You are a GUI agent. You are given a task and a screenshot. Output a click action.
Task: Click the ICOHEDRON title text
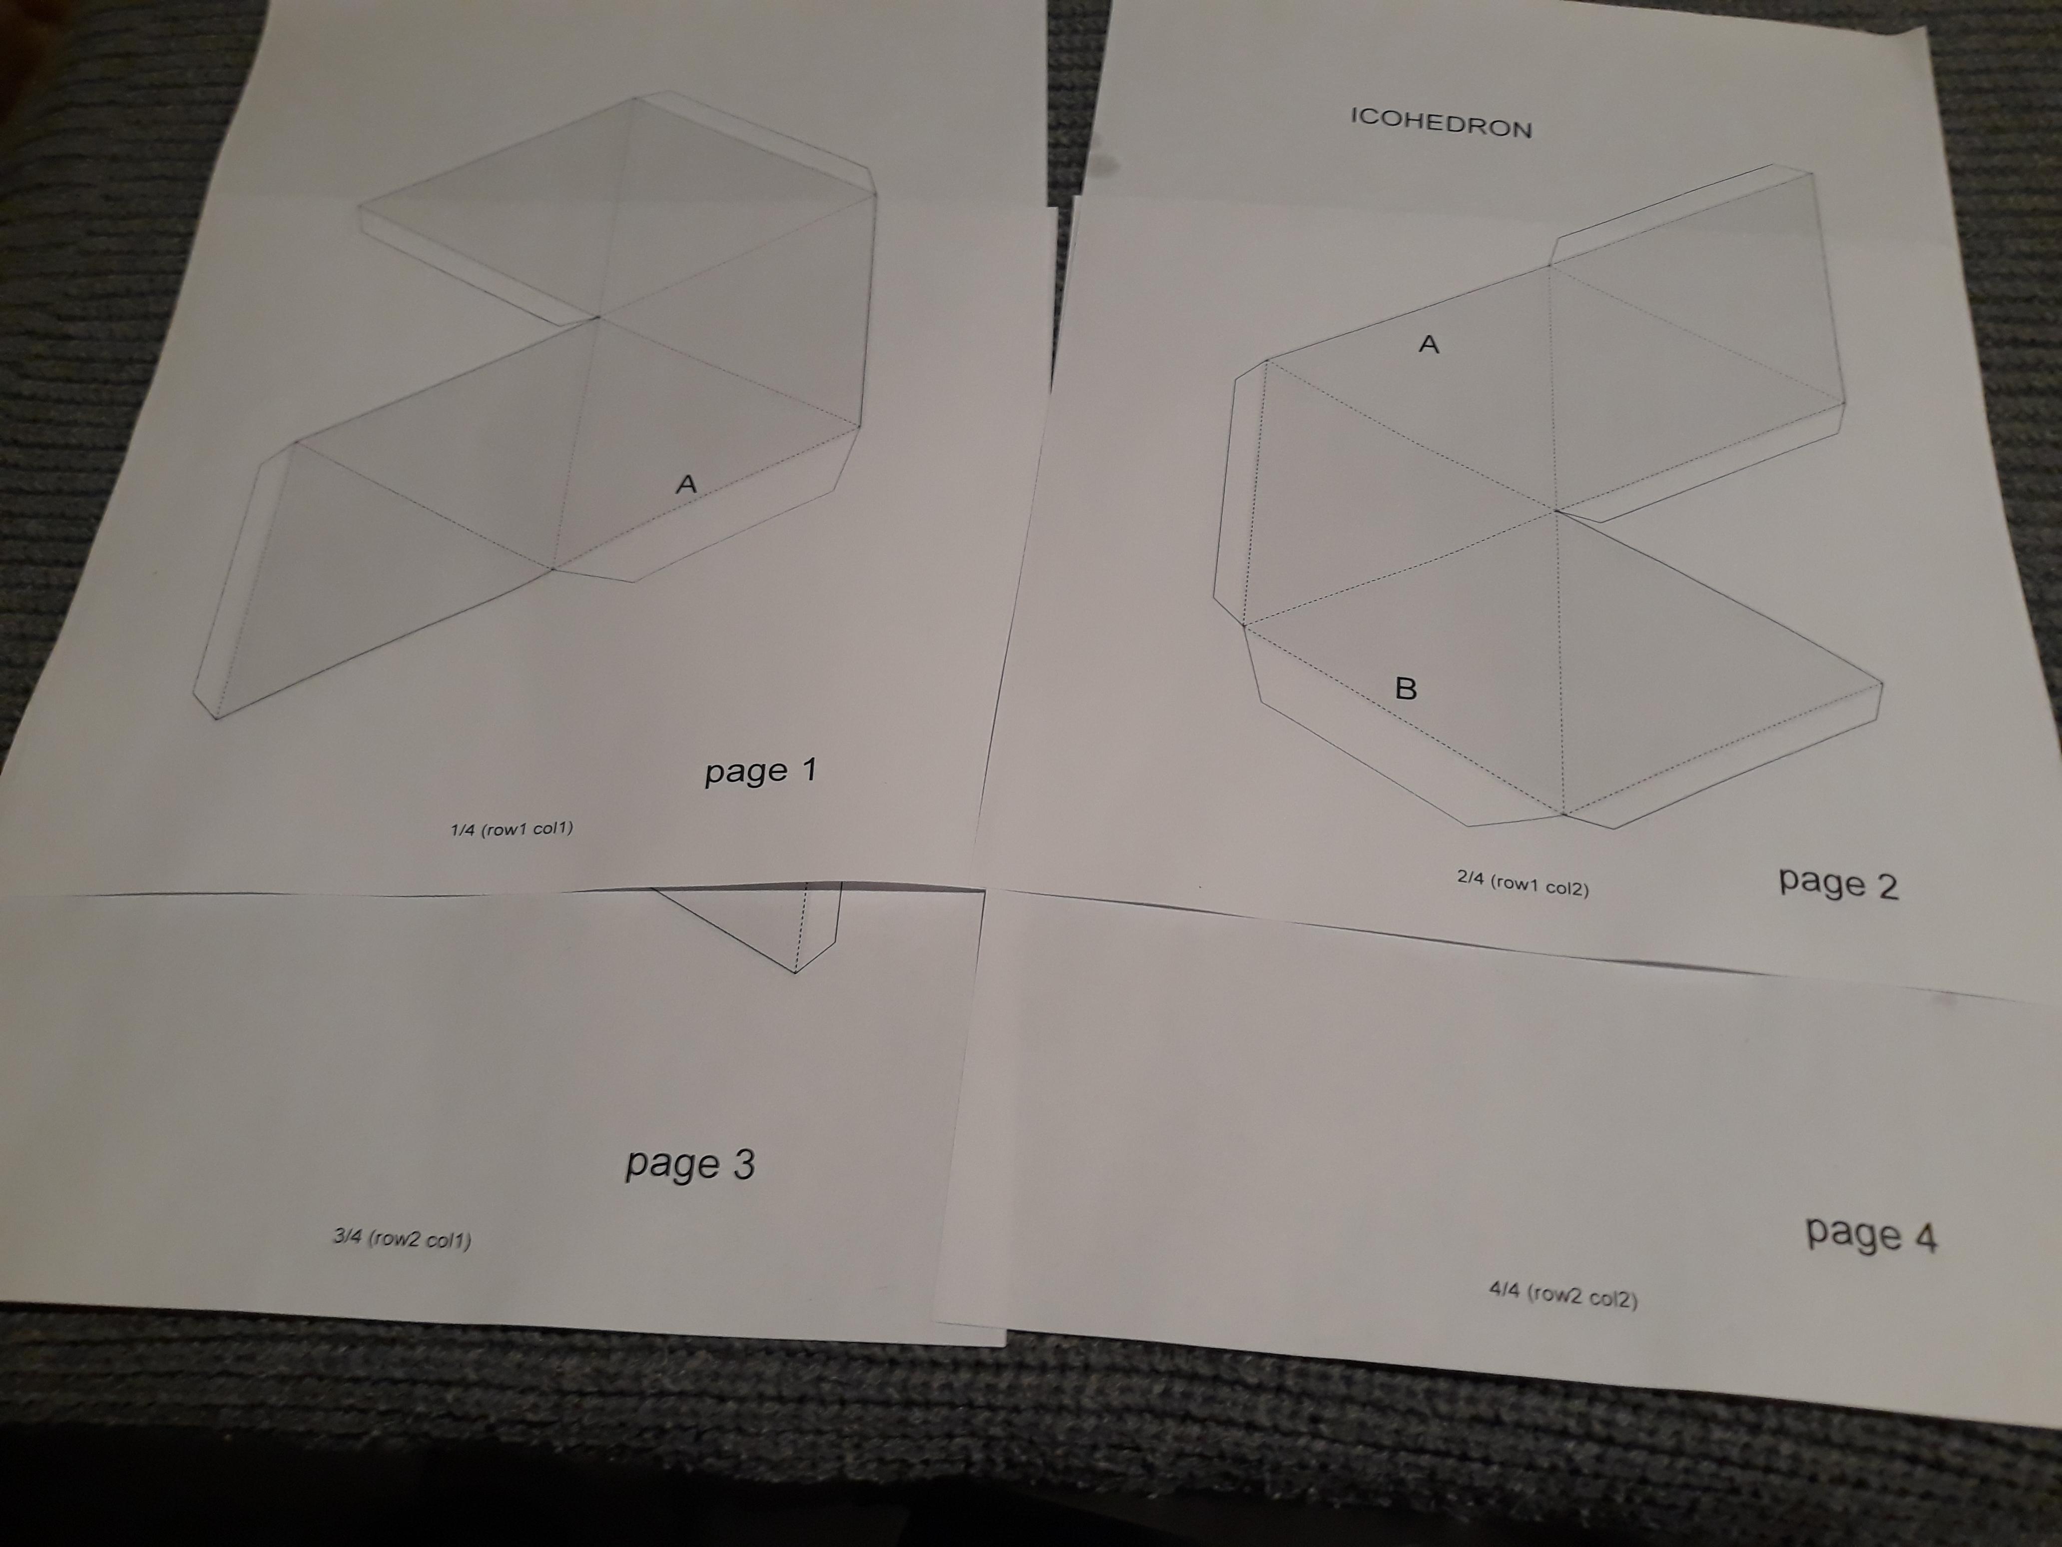pyautogui.click(x=1441, y=122)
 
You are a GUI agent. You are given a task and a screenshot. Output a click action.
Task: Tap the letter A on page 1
pyautogui.click(x=687, y=484)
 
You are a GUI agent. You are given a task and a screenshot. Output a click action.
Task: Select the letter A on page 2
pyautogui.click(x=1428, y=345)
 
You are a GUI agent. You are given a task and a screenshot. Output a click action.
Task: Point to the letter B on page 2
pyautogui.click(x=1406, y=689)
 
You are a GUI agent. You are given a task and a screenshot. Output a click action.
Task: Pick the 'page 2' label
pyautogui.click(x=1837, y=883)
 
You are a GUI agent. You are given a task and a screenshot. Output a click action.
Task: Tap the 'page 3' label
pyautogui.click(x=690, y=1165)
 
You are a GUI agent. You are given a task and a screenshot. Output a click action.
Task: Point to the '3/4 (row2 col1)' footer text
pyautogui.click(x=402, y=1239)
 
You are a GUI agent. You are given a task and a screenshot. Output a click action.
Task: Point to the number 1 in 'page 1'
pyautogui.click(x=807, y=770)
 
